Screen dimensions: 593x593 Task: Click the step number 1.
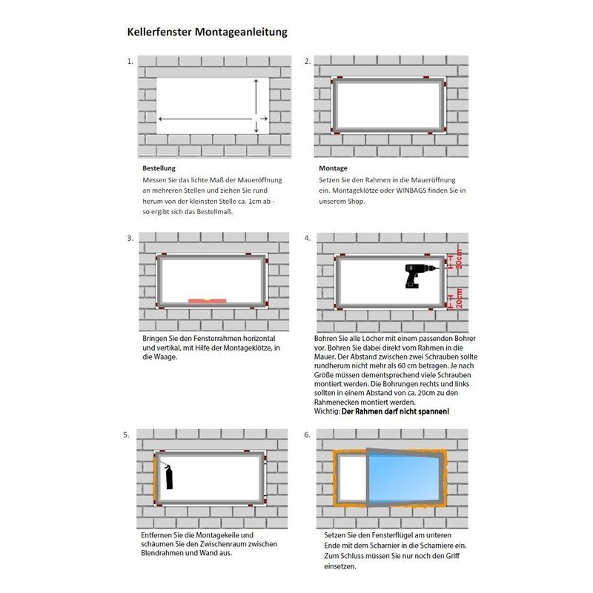click(130, 62)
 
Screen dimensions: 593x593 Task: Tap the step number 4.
click(308, 239)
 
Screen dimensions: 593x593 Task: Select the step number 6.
click(308, 435)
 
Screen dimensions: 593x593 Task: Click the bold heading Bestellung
click(159, 168)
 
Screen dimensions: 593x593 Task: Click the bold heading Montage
click(333, 168)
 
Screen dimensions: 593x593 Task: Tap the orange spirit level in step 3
click(208, 300)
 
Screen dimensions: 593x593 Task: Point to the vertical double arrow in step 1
click(256, 105)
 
